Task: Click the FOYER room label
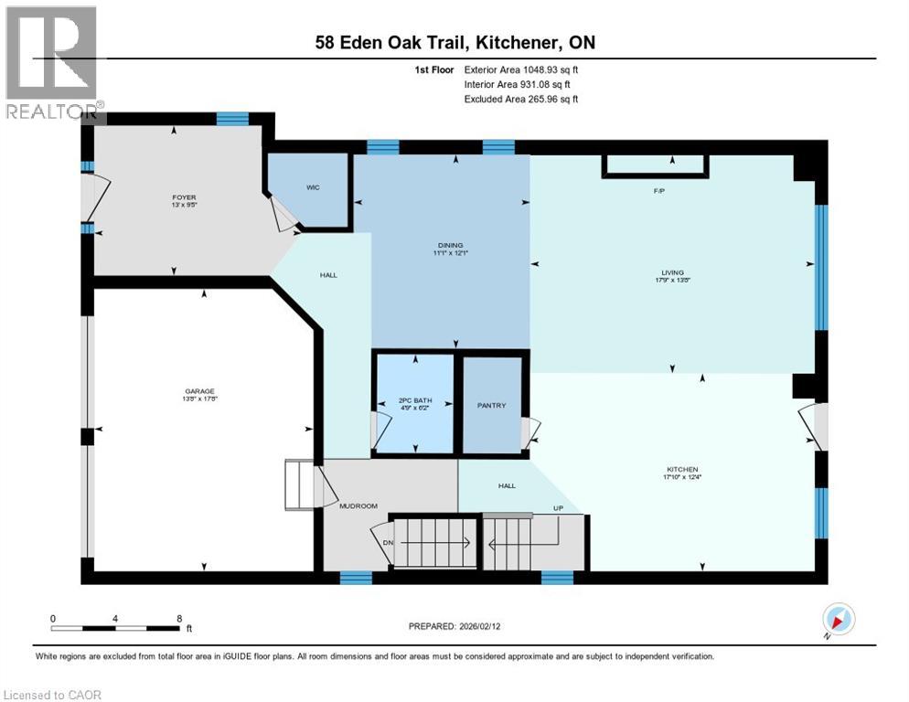(184, 197)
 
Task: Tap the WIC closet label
(312, 186)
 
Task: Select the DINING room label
(450, 245)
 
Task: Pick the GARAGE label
(199, 391)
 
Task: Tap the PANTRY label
(491, 405)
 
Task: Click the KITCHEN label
(682, 470)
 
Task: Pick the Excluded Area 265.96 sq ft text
(521, 99)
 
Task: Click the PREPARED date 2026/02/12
(454, 626)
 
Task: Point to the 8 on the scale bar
(177, 619)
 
